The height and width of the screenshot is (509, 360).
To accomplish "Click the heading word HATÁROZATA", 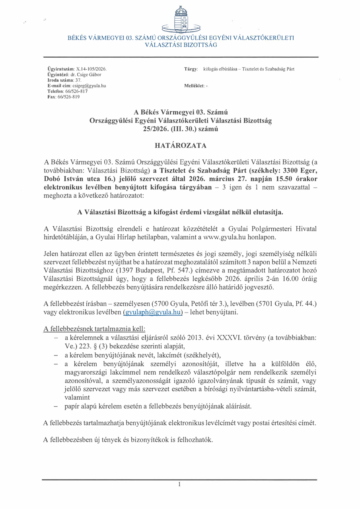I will tap(180, 146).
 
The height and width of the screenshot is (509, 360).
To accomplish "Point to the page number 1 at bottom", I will tap(180, 484).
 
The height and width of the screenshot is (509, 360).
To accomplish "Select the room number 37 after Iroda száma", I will tap(78, 80).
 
